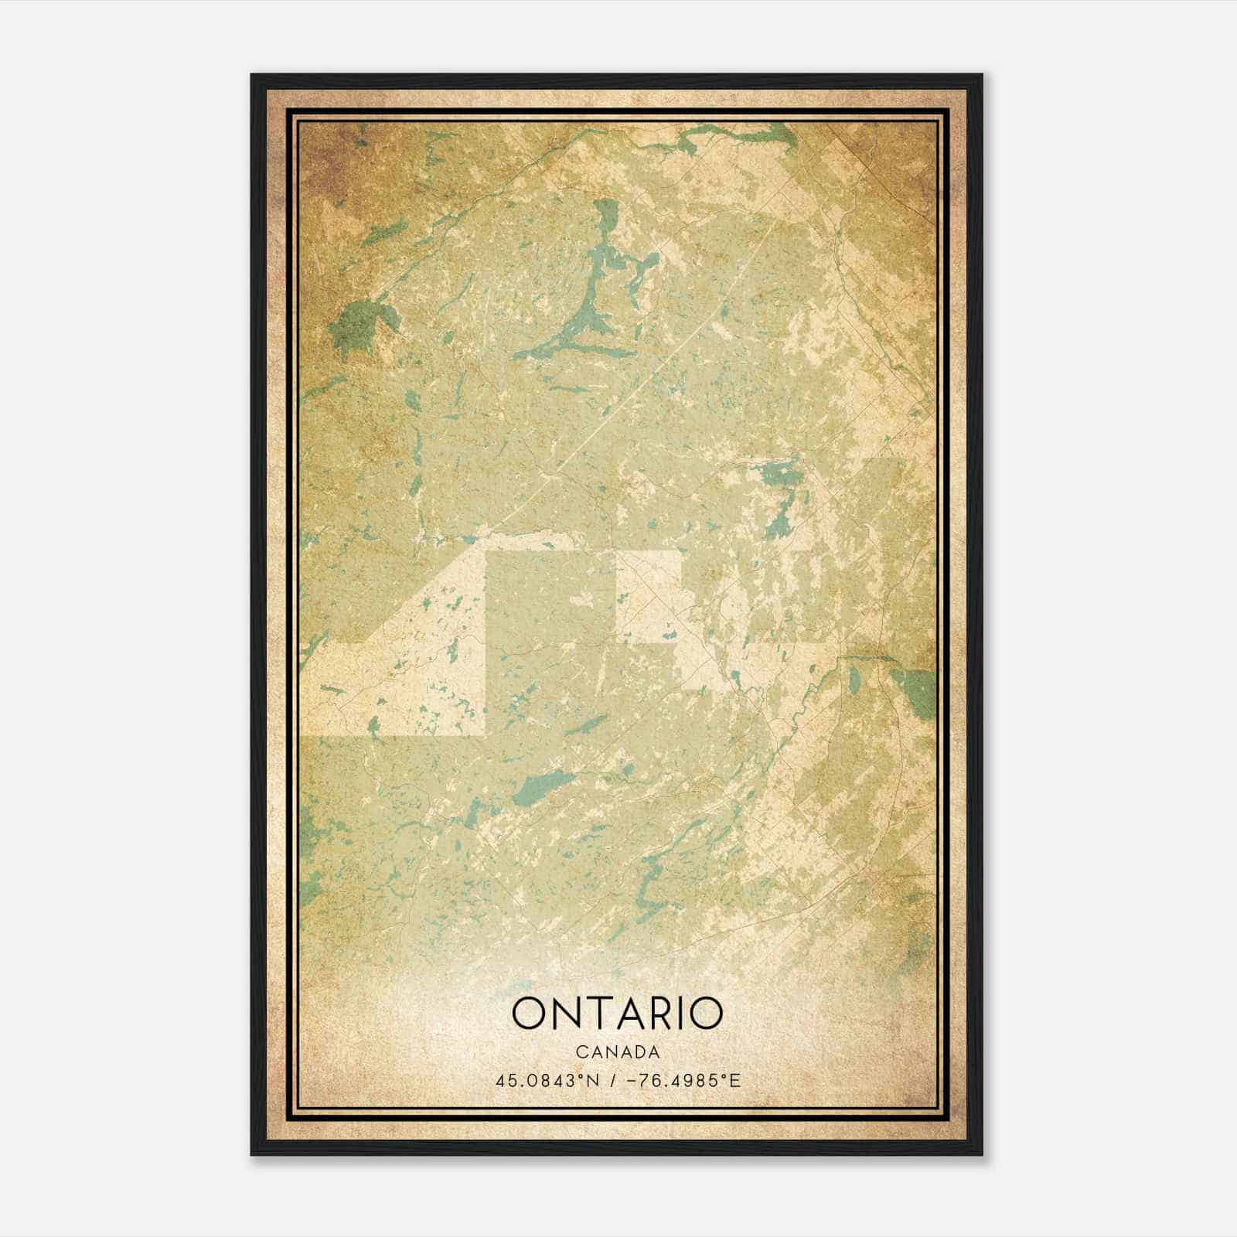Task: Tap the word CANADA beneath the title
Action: [x=618, y=1052]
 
